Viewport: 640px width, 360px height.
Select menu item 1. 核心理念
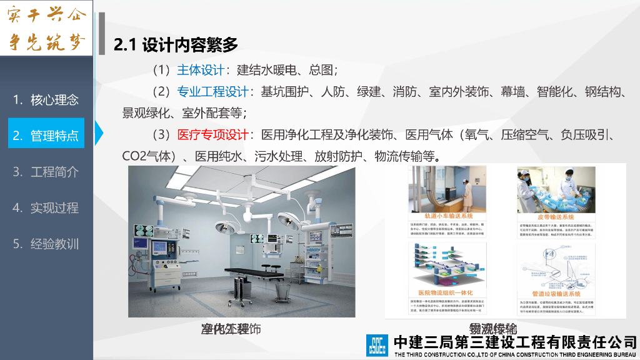[46, 99]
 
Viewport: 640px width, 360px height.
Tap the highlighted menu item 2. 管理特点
[46, 135]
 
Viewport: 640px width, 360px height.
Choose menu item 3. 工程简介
[46, 171]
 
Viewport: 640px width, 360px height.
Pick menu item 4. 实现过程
[46, 207]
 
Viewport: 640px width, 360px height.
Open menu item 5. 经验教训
[46, 244]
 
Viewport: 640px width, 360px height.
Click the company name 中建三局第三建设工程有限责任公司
[515, 342]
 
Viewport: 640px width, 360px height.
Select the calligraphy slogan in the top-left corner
[46, 28]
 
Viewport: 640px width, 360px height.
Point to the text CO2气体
[146, 156]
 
